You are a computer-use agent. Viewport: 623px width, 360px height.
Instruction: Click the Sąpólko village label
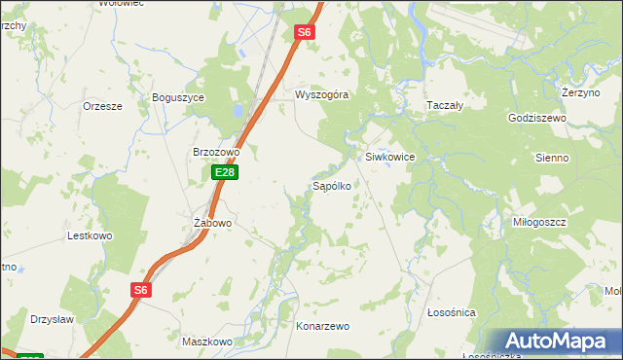(x=331, y=184)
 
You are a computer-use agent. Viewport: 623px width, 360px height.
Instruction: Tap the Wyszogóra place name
(x=322, y=95)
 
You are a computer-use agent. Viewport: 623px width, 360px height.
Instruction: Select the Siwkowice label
(x=390, y=157)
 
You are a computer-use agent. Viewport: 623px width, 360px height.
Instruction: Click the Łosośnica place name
(x=452, y=312)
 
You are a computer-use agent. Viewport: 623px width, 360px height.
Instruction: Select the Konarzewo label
(x=322, y=327)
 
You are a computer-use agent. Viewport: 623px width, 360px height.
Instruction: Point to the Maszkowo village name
(x=207, y=342)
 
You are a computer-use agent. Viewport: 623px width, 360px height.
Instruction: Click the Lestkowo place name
(x=90, y=236)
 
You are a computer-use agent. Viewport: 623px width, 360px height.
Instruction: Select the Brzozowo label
(x=216, y=153)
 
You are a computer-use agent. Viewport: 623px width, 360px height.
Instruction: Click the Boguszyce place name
(x=176, y=98)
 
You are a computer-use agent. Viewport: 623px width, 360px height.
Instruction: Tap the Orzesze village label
(x=102, y=106)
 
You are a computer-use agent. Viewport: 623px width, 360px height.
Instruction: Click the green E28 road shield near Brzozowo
(x=225, y=172)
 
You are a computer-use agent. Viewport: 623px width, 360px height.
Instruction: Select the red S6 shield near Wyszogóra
(x=305, y=32)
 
